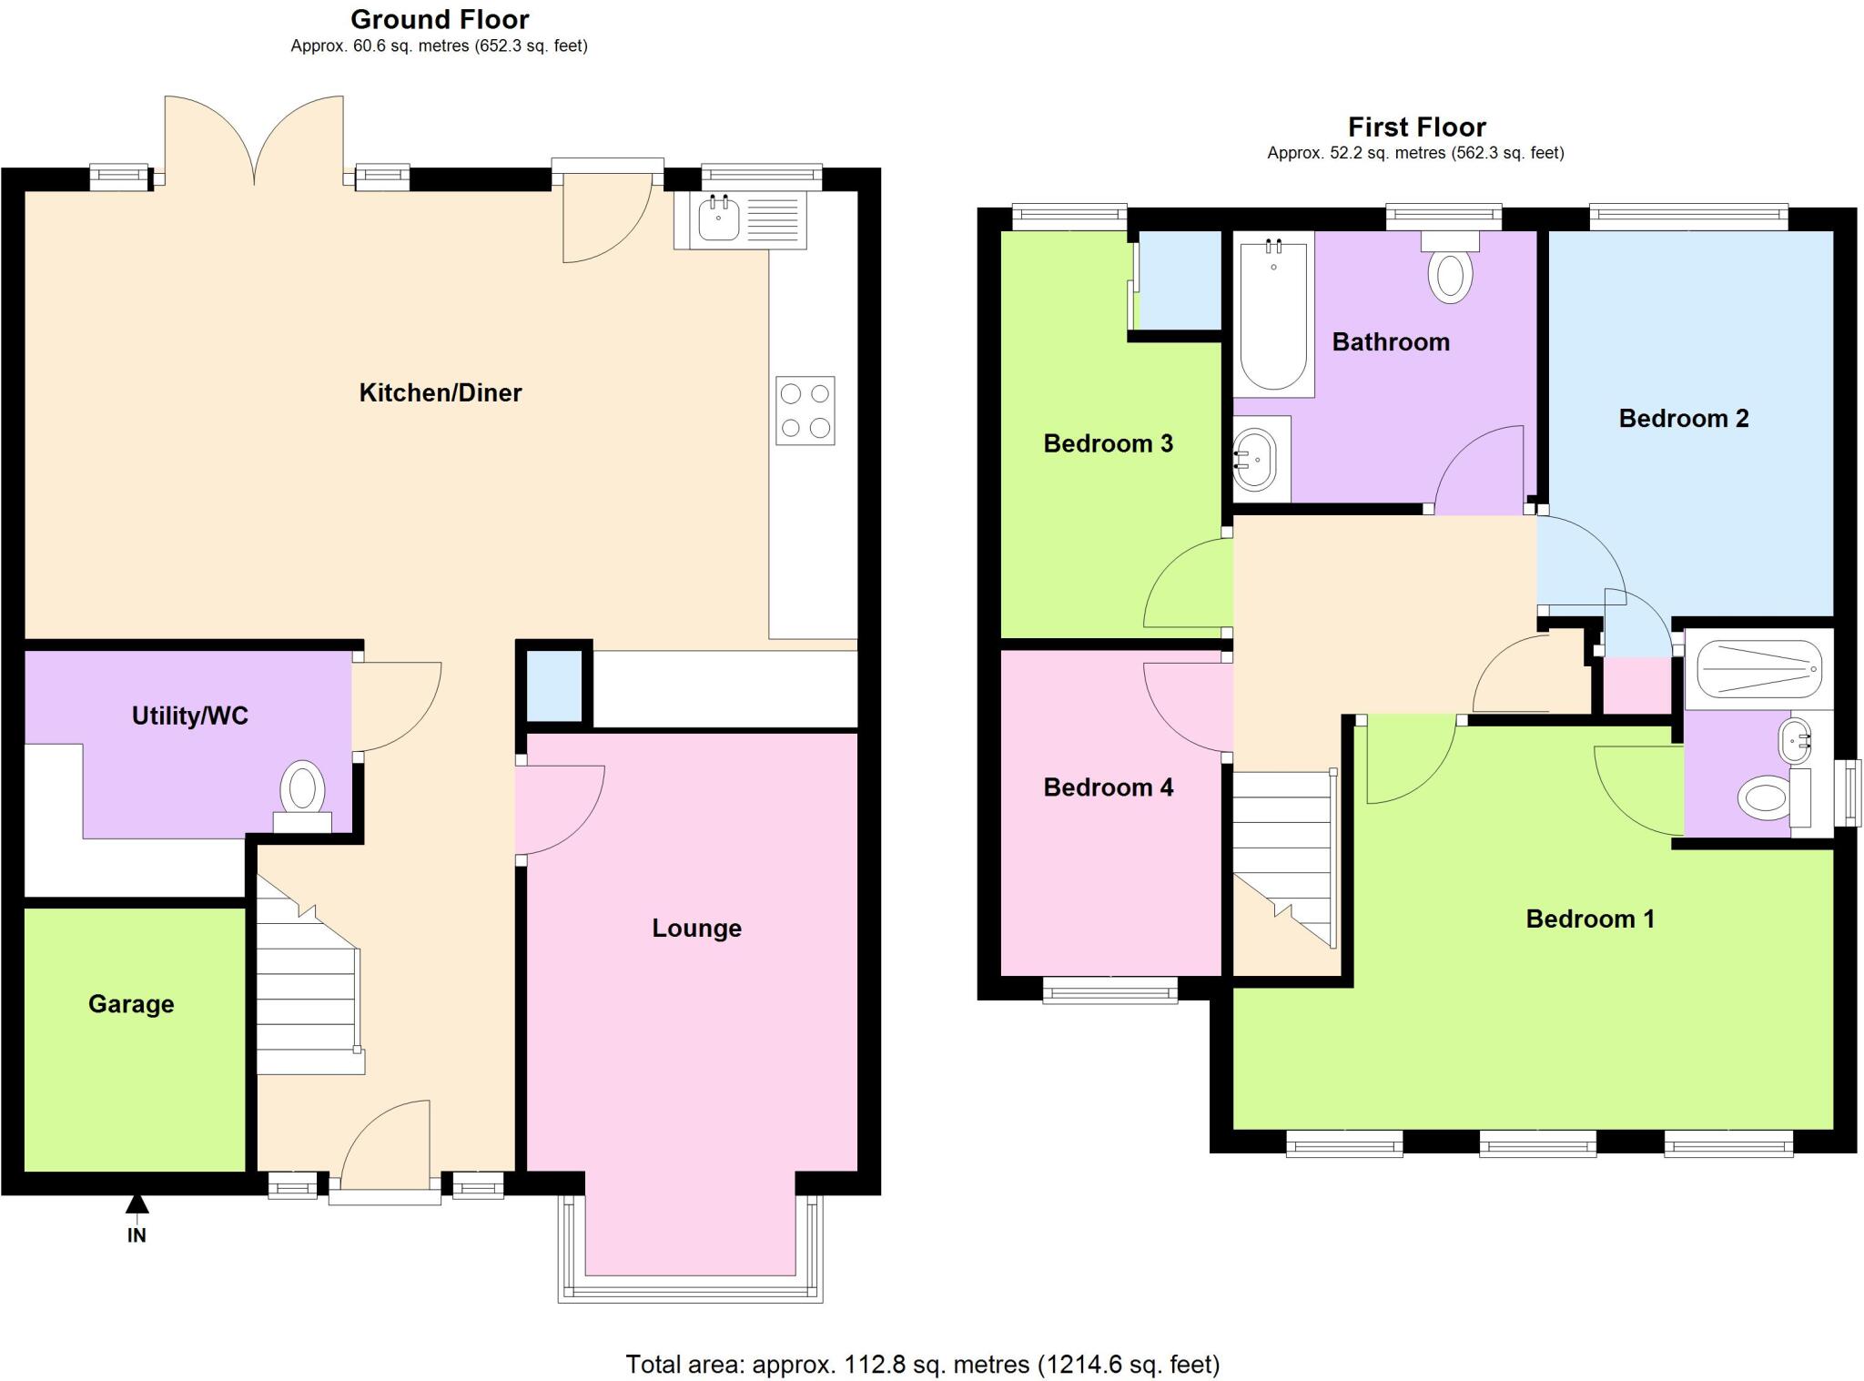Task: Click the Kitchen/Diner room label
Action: click(440, 392)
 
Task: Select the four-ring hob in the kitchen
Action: click(805, 411)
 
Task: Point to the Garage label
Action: click(131, 1003)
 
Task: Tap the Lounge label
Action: click(696, 928)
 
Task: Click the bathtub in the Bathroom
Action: click(1273, 314)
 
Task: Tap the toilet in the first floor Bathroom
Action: click(1450, 271)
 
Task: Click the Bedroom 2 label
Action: click(1683, 418)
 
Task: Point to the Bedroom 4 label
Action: click(1108, 787)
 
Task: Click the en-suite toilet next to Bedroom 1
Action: click(1766, 798)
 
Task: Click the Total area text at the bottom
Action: click(922, 1364)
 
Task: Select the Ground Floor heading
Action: click(440, 19)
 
